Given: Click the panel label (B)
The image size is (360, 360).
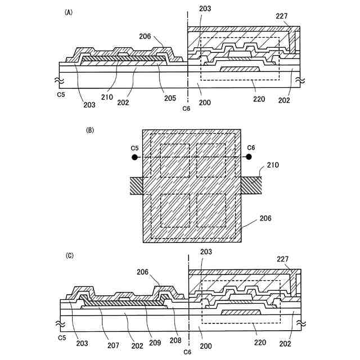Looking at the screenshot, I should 89,130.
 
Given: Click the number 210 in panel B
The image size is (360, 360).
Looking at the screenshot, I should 273,165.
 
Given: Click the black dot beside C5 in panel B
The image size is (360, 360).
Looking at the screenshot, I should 134,157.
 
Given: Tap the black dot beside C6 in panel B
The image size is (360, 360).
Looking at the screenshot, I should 251,157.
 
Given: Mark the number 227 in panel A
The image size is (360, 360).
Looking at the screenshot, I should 282,17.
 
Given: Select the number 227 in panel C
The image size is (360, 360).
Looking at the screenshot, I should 282,260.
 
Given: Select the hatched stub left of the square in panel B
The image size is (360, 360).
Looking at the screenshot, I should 136,184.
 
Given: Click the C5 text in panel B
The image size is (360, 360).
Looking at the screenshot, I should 134,148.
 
